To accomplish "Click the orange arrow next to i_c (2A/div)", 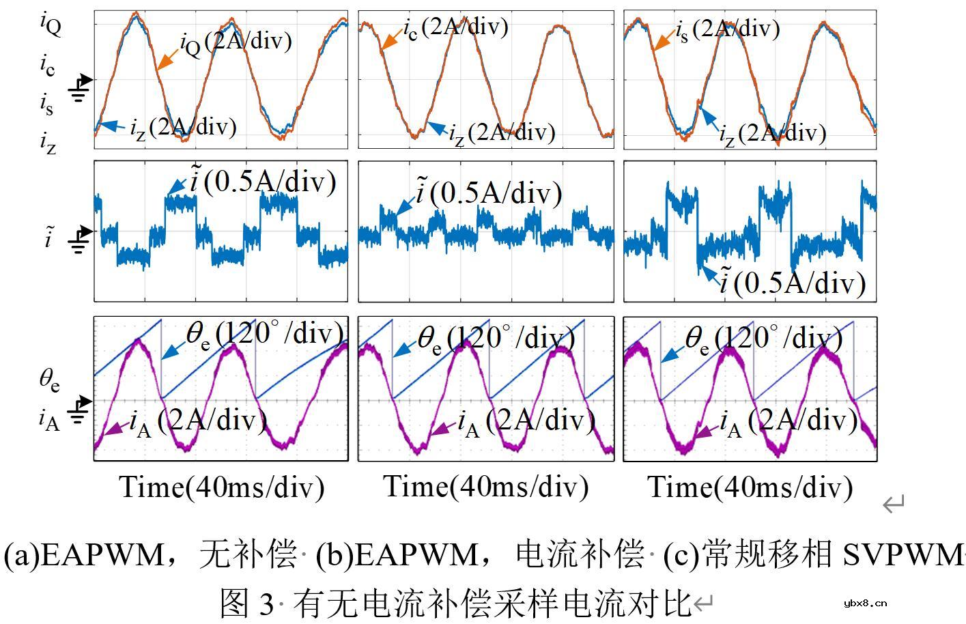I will pyautogui.click(x=390, y=40).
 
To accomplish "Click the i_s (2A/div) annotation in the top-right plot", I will pyautogui.click(x=728, y=29).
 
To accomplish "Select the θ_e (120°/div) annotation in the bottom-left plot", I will pyautogui.click(x=264, y=334).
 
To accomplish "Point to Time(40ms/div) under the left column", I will pyautogui.click(x=222, y=487).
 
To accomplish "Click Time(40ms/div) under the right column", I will pyautogui.click(x=750, y=487).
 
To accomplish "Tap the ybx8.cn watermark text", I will pyautogui.click(x=865, y=603).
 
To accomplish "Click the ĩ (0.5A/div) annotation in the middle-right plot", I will pyautogui.click(x=792, y=282).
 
